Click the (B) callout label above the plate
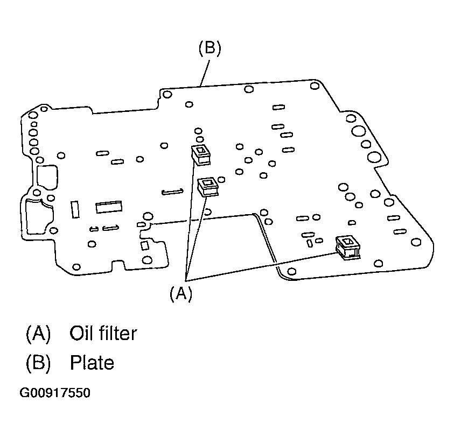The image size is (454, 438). [x=209, y=48]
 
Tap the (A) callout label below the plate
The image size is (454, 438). [x=181, y=293]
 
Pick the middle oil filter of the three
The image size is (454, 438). [x=207, y=187]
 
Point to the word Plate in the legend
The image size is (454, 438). [x=92, y=363]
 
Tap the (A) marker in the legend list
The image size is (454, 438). [x=38, y=334]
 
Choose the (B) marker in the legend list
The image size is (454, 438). [x=38, y=363]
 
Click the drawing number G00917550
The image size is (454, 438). [x=55, y=393]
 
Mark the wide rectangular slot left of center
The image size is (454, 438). [x=108, y=207]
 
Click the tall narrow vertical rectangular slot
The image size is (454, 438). [x=75, y=209]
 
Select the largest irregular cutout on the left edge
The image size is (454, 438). [x=37, y=215]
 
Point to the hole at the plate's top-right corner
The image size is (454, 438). [x=315, y=87]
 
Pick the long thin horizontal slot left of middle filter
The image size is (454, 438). [x=173, y=191]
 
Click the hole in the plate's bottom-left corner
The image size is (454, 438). [x=76, y=267]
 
